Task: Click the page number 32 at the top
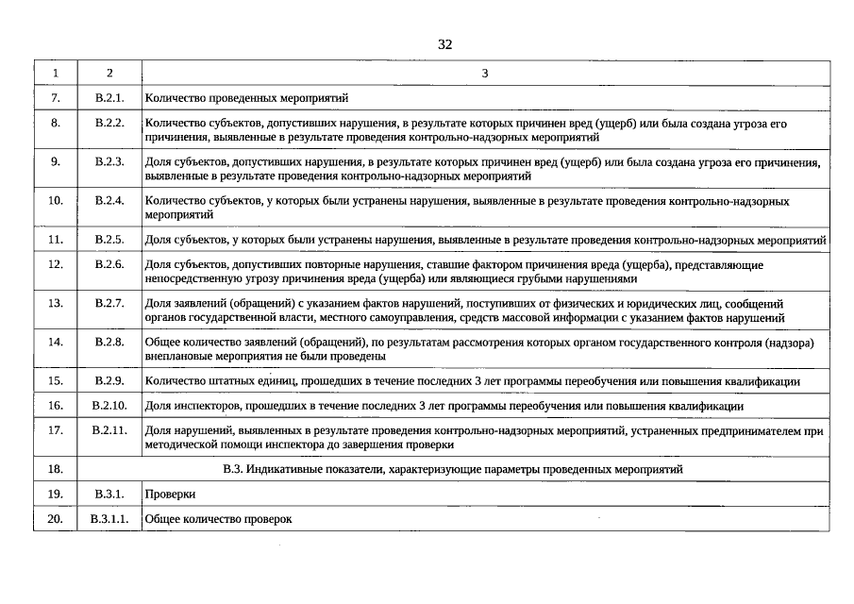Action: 445,44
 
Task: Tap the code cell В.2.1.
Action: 109,97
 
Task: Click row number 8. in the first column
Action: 56,124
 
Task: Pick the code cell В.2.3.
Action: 109,162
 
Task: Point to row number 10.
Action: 56,200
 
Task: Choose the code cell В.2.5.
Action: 109,240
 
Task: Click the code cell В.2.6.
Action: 109,264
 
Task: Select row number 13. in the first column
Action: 56,303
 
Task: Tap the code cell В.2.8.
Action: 109,342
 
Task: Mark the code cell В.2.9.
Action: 109,381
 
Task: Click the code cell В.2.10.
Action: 109,406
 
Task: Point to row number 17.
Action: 56,430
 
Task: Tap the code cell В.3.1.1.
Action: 109,519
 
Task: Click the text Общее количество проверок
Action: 219,519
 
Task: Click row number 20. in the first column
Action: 56,519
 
